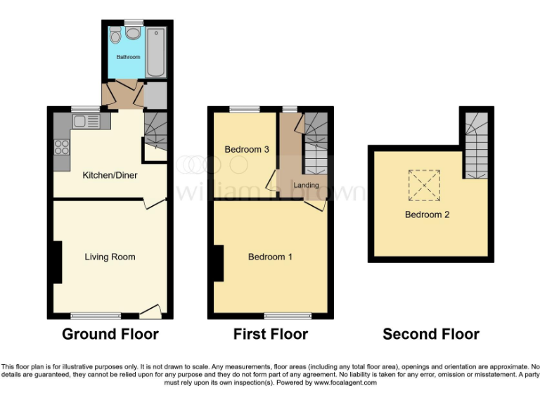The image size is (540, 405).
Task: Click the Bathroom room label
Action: click(128, 57)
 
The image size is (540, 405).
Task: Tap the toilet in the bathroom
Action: click(115, 36)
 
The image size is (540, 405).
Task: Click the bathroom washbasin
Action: click(132, 34)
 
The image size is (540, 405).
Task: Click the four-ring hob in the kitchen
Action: click(61, 147)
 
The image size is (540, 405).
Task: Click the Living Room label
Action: click(110, 257)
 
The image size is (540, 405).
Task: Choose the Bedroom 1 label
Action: click(270, 257)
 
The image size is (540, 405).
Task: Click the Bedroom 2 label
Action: click(427, 214)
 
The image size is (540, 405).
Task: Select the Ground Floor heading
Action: click(110, 334)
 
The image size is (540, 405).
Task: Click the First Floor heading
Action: click(271, 334)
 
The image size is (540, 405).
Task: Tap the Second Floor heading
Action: click(431, 334)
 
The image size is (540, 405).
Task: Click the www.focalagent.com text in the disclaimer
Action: click(345, 383)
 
